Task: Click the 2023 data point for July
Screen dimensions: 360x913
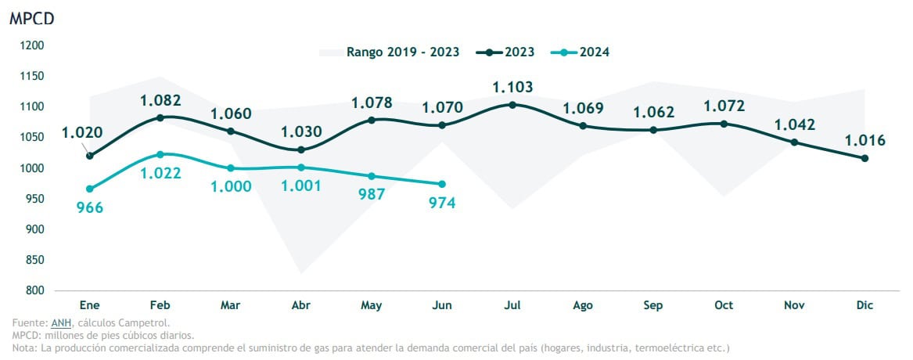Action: point(512,104)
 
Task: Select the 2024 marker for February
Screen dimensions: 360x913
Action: point(160,154)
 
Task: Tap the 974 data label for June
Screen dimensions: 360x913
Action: point(442,203)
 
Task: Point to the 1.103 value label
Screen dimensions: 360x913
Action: point(512,87)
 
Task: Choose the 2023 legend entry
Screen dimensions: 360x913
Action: point(509,52)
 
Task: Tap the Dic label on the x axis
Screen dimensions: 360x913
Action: point(864,305)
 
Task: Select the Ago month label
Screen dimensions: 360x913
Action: point(583,305)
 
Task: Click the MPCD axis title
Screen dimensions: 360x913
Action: point(31,20)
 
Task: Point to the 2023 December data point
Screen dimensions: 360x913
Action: point(864,158)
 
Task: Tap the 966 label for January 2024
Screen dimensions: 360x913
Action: point(90,207)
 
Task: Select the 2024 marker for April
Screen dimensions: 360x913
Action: point(301,167)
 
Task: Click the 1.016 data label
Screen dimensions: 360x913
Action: point(864,141)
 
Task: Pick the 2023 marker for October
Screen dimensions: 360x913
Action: point(724,124)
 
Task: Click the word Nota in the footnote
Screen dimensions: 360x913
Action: point(24,347)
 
